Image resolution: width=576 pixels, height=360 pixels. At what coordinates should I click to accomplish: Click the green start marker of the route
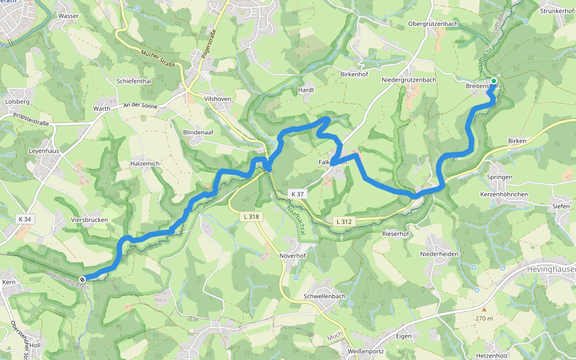(493, 81)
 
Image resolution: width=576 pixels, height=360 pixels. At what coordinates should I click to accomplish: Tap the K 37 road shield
(296, 194)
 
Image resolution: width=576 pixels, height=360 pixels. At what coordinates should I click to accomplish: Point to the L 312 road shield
(344, 221)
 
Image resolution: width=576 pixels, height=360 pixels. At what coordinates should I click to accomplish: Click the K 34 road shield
(25, 219)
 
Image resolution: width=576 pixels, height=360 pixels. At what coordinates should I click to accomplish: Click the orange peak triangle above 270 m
(484, 310)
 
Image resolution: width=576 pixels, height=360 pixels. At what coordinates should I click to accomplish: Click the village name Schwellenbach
(325, 296)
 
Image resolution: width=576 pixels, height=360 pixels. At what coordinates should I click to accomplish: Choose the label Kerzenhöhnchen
(504, 194)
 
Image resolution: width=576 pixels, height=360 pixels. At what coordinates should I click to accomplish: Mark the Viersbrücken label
(89, 220)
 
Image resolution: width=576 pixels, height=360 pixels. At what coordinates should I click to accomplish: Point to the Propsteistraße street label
(31, 119)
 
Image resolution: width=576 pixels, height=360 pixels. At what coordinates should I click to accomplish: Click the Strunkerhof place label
(557, 11)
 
